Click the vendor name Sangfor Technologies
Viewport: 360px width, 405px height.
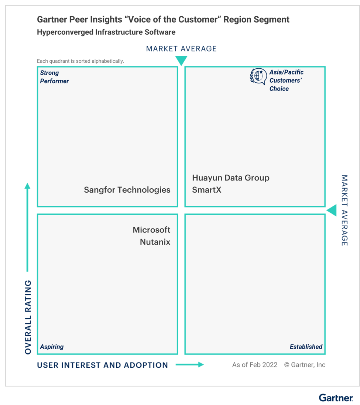(x=127, y=190)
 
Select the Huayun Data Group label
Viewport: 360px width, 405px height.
(x=231, y=178)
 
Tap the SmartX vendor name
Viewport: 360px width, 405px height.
(x=207, y=190)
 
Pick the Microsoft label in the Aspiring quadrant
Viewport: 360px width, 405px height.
(x=151, y=230)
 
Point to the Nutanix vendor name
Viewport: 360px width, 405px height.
(x=155, y=242)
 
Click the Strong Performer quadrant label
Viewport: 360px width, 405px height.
(x=54, y=77)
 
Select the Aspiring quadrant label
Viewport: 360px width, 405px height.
(x=52, y=347)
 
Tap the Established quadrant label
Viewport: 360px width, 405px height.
(x=306, y=347)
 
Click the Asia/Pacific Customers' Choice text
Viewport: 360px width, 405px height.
(x=287, y=80)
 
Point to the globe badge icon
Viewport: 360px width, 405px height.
(x=258, y=76)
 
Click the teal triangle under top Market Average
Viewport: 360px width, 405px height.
(x=181, y=61)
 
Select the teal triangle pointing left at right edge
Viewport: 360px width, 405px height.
(x=332, y=210)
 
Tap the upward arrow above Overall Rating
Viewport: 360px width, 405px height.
(x=27, y=227)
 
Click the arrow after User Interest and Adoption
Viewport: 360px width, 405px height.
(x=190, y=364)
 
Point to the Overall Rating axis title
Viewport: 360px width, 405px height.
(x=28, y=317)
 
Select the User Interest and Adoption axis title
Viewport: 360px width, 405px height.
(x=103, y=365)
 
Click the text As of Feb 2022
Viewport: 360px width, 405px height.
(x=255, y=365)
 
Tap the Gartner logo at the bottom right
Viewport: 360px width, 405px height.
(x=336, y=398)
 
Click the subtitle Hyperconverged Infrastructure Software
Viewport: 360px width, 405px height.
(x=106, y=32)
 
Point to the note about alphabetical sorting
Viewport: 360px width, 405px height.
(x=80, y=61)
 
